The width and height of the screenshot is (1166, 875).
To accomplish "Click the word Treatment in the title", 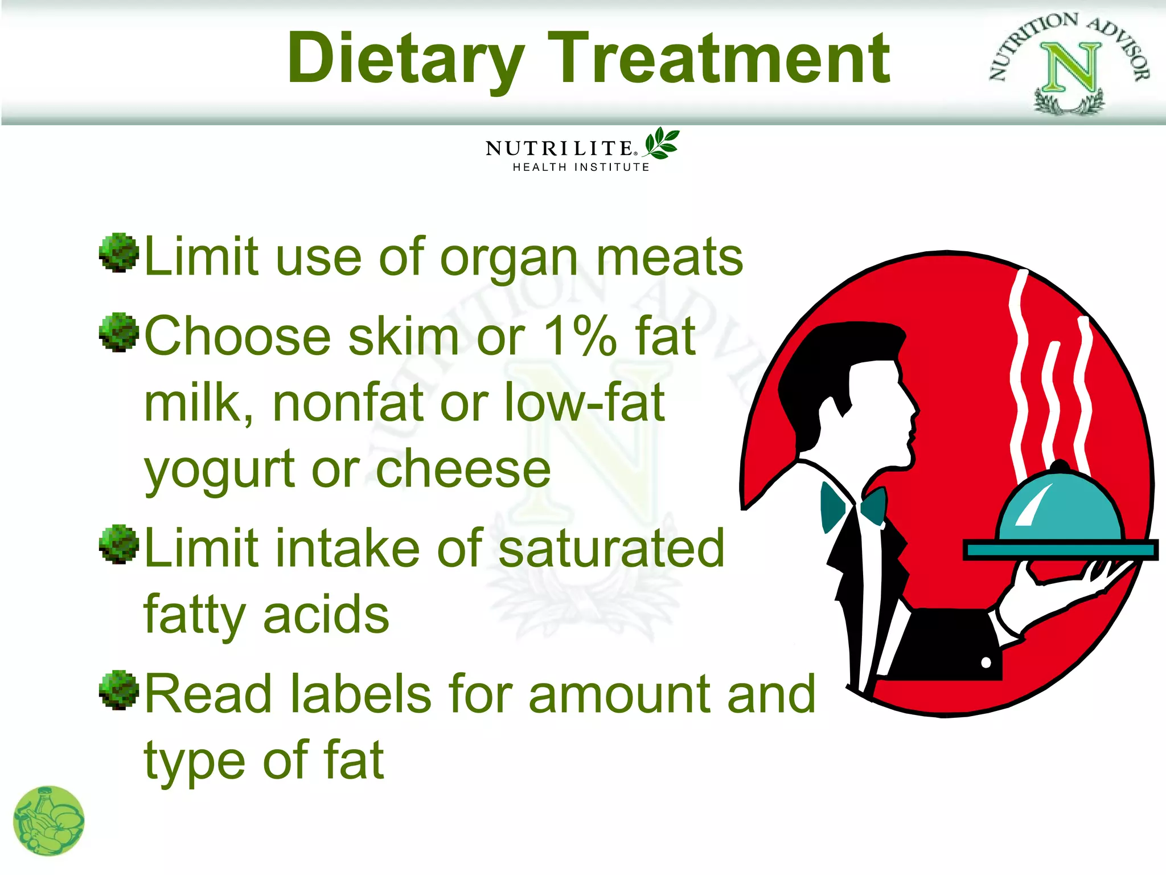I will pos(719,58).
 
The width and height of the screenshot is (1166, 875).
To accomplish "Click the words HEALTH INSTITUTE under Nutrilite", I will pos(581,167).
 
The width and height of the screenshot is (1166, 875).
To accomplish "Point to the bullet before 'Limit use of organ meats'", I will pos(119,252).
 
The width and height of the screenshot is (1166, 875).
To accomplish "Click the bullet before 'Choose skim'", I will pos(119,332).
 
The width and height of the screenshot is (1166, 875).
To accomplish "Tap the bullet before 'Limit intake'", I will pos(119,544).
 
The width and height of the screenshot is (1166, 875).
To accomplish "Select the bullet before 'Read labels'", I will pos(119,690).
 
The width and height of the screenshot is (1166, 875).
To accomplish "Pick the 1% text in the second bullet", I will pos(580,336).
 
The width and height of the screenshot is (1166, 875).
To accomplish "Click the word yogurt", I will pos(220,471).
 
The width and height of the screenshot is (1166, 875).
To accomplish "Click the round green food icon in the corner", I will pos(49,821).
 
